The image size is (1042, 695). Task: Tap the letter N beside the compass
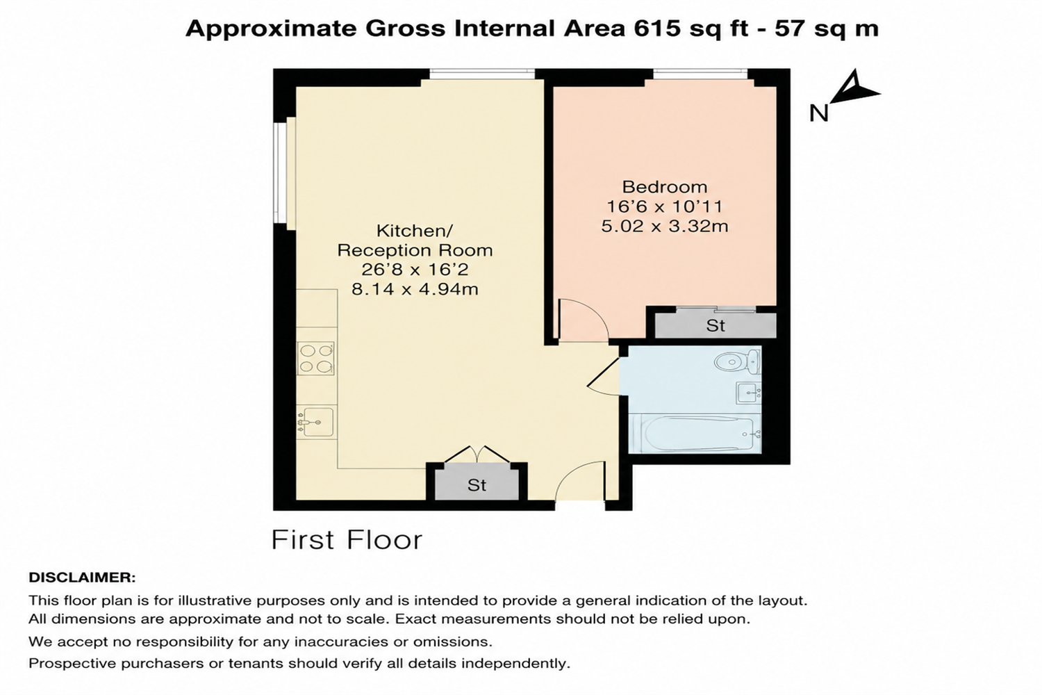[819, 113]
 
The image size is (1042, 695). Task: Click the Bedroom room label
[665, 187]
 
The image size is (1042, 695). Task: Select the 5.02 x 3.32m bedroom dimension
[665, 227]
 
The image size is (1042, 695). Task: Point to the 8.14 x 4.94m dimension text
[415, 290]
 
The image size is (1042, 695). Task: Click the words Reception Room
[415, 250]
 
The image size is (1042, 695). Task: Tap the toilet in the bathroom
[738, 361]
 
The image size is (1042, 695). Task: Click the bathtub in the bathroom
[695, 434]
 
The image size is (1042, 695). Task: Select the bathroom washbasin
[748, 393]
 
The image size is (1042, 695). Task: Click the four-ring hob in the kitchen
[316, 359]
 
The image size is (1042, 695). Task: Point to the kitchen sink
[316, 423]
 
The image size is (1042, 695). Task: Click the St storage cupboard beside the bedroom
[716, 325]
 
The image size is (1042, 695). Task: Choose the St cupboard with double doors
[477, 485]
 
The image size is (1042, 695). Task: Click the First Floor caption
[347, 540]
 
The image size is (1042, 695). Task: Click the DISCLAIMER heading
[83, 578]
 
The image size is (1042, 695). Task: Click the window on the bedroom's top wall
[700, 74]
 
